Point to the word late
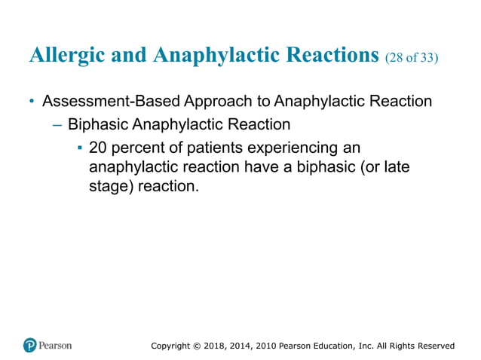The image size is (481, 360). click(x=395, y=166)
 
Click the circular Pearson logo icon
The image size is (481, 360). click(x=30, y=346)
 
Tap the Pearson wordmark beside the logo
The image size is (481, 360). click(x=57, y=346)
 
